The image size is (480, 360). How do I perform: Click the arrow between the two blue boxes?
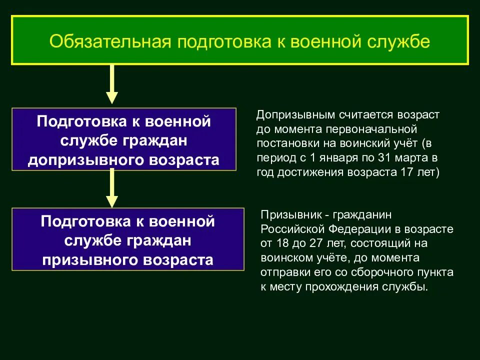[112, 188]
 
